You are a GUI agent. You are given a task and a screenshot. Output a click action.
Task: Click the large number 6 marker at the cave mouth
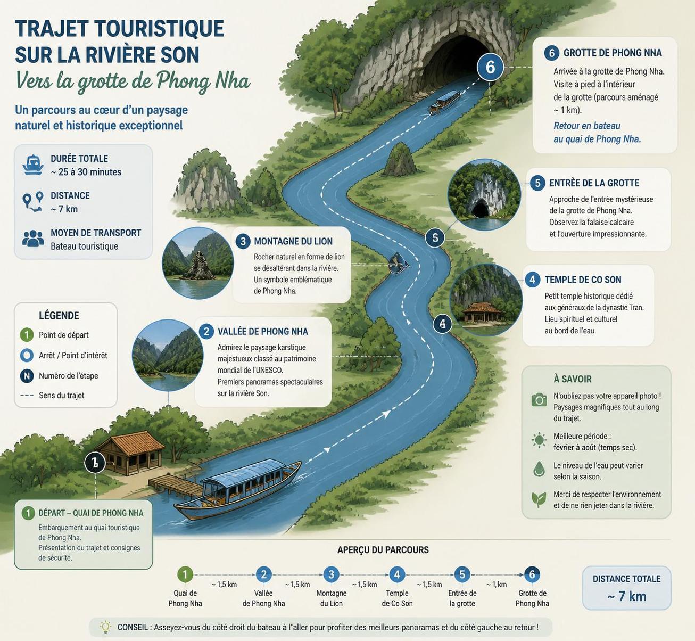pos(490,67)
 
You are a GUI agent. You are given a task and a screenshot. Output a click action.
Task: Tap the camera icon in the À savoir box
pos(539,400)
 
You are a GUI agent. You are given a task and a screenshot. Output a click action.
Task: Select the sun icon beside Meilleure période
pos(539,440)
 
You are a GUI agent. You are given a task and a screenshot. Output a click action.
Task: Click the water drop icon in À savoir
pos(539,469)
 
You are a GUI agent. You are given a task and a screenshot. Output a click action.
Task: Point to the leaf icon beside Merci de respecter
pos(539,499)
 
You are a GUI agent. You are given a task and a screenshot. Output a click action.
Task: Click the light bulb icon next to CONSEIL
pos(105,627)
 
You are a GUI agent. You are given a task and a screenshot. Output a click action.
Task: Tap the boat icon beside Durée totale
pos(33,165)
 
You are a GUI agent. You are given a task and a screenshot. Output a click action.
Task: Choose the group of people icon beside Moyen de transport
pos(33,239)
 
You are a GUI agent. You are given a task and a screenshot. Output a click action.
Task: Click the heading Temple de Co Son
pos(583,280)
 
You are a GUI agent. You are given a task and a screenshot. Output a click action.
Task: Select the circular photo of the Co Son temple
pos(486,300)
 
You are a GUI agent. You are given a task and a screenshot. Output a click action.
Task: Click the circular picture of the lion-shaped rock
pos(198,262)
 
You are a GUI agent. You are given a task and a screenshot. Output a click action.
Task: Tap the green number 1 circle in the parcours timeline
pos(185,574)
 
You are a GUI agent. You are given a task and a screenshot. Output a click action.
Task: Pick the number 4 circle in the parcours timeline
pos(397,574)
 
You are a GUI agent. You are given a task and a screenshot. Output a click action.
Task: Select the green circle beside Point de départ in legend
pos(27,335)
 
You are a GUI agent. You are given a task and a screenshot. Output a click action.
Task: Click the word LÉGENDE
pos(59,316)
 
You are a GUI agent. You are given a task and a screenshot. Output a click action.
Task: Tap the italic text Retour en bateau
pos(587,126)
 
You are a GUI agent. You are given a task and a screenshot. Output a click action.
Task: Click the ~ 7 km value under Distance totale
pos(626,596)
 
